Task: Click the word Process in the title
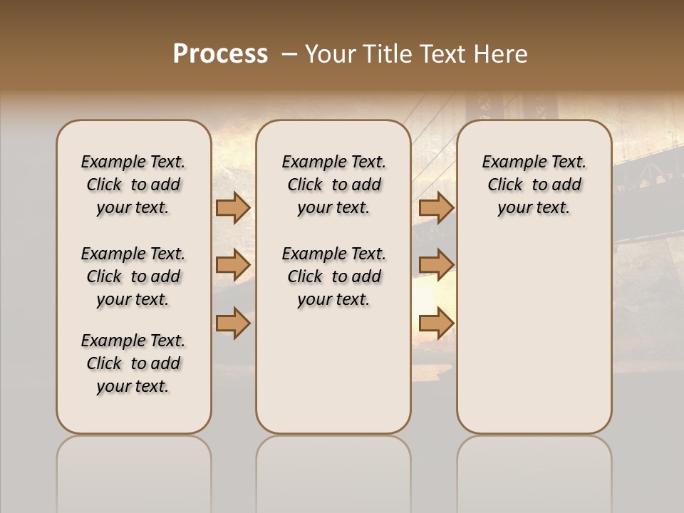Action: point(220,54)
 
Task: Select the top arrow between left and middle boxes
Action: point(232,208)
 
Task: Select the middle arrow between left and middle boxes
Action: point(232,265)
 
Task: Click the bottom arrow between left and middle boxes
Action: point(232,323)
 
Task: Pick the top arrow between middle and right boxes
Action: point(436,208)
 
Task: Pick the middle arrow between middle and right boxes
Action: point(436,265)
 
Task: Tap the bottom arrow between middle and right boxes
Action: point(436,323)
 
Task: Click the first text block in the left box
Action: point(133,185)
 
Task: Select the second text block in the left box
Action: point(133,276)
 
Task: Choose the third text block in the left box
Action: point(133,363)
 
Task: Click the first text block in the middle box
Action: point(333,185)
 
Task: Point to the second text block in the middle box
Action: point(333,276)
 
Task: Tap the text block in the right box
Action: point(534,185)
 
